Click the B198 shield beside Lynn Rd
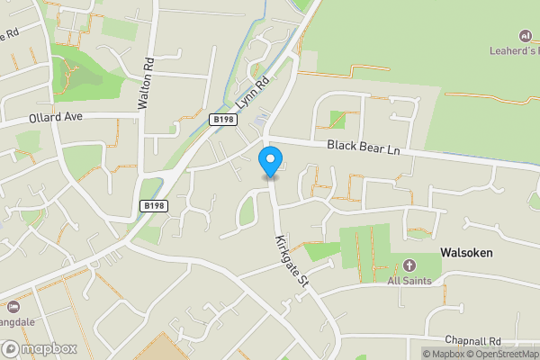pyautogui.click(x=223, y=119)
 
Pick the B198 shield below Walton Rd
pyautogui.click(x=154, y=206)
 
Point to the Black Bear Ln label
pyautogui.click(x=363, y=146)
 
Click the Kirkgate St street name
pyautogui.click(x=292, y=261)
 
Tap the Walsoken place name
pyautogui.click(x=466, y=253)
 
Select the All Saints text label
pyautogui.click(x=409, y=281)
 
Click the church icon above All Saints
pyautogui.click(x=409, y=265)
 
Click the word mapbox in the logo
pyautogui.click(x=49, y=348)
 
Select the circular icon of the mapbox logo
pyautogui.click(x=11, y=348)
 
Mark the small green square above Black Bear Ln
pyautogui.click(x=337, y=118)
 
